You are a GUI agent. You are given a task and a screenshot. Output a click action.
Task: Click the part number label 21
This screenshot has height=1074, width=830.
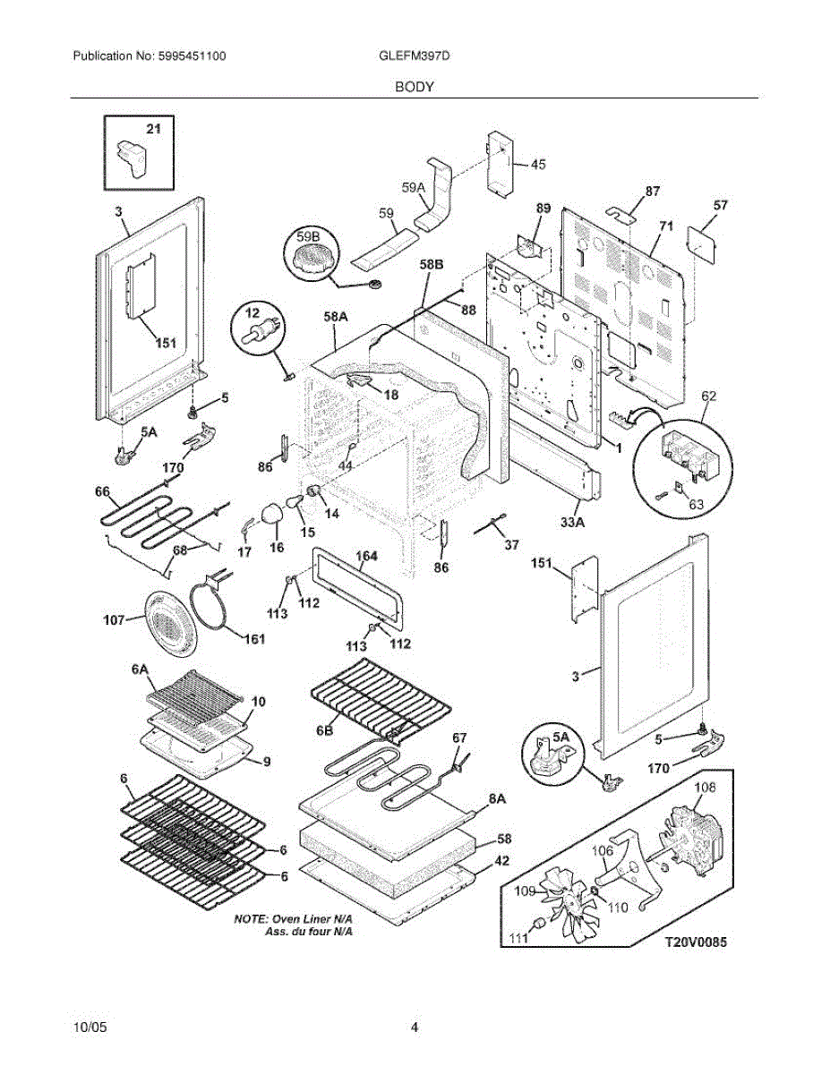click(153, 129)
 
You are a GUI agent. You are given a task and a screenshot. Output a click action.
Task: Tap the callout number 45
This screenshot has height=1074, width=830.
click(538, 164)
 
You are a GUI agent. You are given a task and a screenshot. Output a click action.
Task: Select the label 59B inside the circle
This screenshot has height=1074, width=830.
click(308, 237)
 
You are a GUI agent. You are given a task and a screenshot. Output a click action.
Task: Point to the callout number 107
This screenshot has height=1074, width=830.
click(115, 619)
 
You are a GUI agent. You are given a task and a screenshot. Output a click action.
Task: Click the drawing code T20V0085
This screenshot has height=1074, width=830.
click(696, 942)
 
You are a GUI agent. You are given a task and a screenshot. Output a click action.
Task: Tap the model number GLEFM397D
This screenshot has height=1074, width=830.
click(415, 55)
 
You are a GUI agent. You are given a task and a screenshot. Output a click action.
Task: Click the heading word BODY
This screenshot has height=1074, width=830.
click(415, 87)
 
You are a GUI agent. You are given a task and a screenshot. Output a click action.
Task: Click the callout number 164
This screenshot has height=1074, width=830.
click(366, 556)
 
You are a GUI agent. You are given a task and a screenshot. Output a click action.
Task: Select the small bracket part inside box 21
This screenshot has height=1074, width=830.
click(132, 158)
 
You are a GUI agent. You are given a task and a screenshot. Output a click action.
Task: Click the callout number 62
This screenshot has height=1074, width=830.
click(708, 396)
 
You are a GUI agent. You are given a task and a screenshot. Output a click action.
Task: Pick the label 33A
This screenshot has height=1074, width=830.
click(572, 522)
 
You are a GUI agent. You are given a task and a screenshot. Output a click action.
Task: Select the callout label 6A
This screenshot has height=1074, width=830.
click(140, 669)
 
